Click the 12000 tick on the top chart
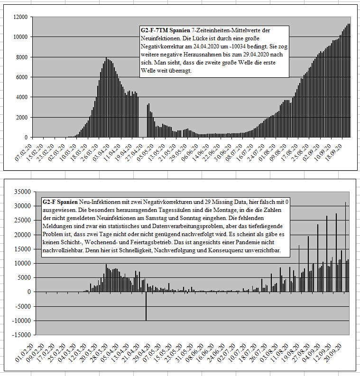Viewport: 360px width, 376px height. pos(21,17)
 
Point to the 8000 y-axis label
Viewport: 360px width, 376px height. pos(22,57)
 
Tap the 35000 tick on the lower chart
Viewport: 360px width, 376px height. pos(23,192)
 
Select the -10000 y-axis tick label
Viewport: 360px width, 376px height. pos(22,321)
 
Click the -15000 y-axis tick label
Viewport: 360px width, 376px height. pos(22,335)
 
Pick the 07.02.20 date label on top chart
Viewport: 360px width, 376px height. pos(23,153)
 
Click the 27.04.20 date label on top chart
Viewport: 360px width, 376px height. pos(134,153)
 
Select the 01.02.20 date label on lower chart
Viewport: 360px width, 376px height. pos(24,353)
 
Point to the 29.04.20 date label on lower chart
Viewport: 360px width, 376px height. pos(141,353)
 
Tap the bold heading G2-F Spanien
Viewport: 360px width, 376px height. pos(60,202)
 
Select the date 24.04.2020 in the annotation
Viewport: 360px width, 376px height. pos(205,46)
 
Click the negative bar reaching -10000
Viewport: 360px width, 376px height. pos(146,306)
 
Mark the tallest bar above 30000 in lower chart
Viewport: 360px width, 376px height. pos(345,247)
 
